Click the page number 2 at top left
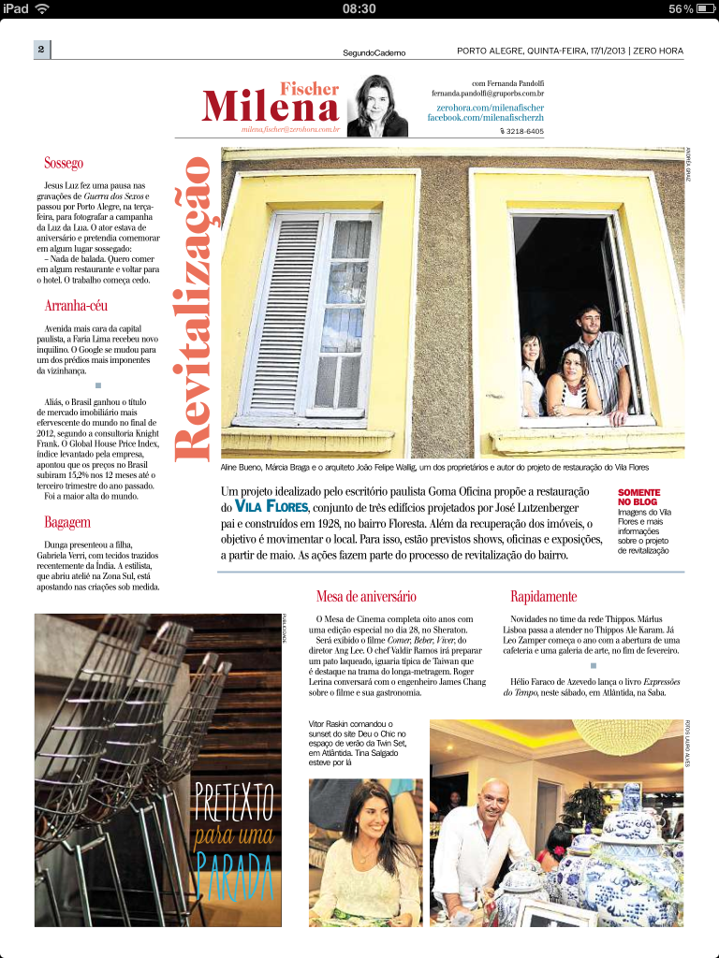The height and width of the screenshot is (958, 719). click(x=42, y=49)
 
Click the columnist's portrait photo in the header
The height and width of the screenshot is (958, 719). click(x=376, y=105)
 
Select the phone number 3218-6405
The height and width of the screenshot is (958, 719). click(x=521, y=132)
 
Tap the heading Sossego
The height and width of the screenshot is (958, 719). click(x=65, y=164)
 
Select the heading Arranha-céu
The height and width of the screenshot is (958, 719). click(x=79, y=306)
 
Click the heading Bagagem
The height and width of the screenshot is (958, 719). click(x=67, y=521)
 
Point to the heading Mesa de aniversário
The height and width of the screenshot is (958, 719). click(x=366, y=596)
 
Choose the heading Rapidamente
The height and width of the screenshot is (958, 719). click(x=543, y=596)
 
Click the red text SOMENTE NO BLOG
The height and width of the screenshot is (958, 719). click(x=639, y=497)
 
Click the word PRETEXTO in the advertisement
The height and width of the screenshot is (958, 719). click(x=234, y=800)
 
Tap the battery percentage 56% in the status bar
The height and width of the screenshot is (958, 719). click(x=681, y=8)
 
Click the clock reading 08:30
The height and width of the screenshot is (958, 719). click(x=359, y=8)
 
